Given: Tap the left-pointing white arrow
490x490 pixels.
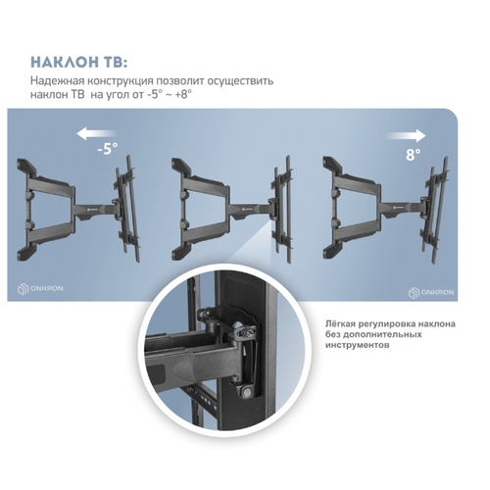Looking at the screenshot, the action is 97,134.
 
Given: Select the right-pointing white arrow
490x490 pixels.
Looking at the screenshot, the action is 406,136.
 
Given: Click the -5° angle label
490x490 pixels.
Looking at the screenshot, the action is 108,148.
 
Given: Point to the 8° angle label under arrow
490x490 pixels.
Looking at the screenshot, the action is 414,154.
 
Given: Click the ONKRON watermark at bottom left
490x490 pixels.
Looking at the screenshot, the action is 40,289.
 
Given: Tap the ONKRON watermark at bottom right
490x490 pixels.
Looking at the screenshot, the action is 431,292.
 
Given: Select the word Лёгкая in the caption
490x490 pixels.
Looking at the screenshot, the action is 340,324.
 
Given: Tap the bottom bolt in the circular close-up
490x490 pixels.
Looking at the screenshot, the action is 247,393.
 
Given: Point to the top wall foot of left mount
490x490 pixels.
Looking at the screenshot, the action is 26,167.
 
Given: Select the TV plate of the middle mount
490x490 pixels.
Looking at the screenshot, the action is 281,209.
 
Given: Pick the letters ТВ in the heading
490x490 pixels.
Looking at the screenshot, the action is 114,62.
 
